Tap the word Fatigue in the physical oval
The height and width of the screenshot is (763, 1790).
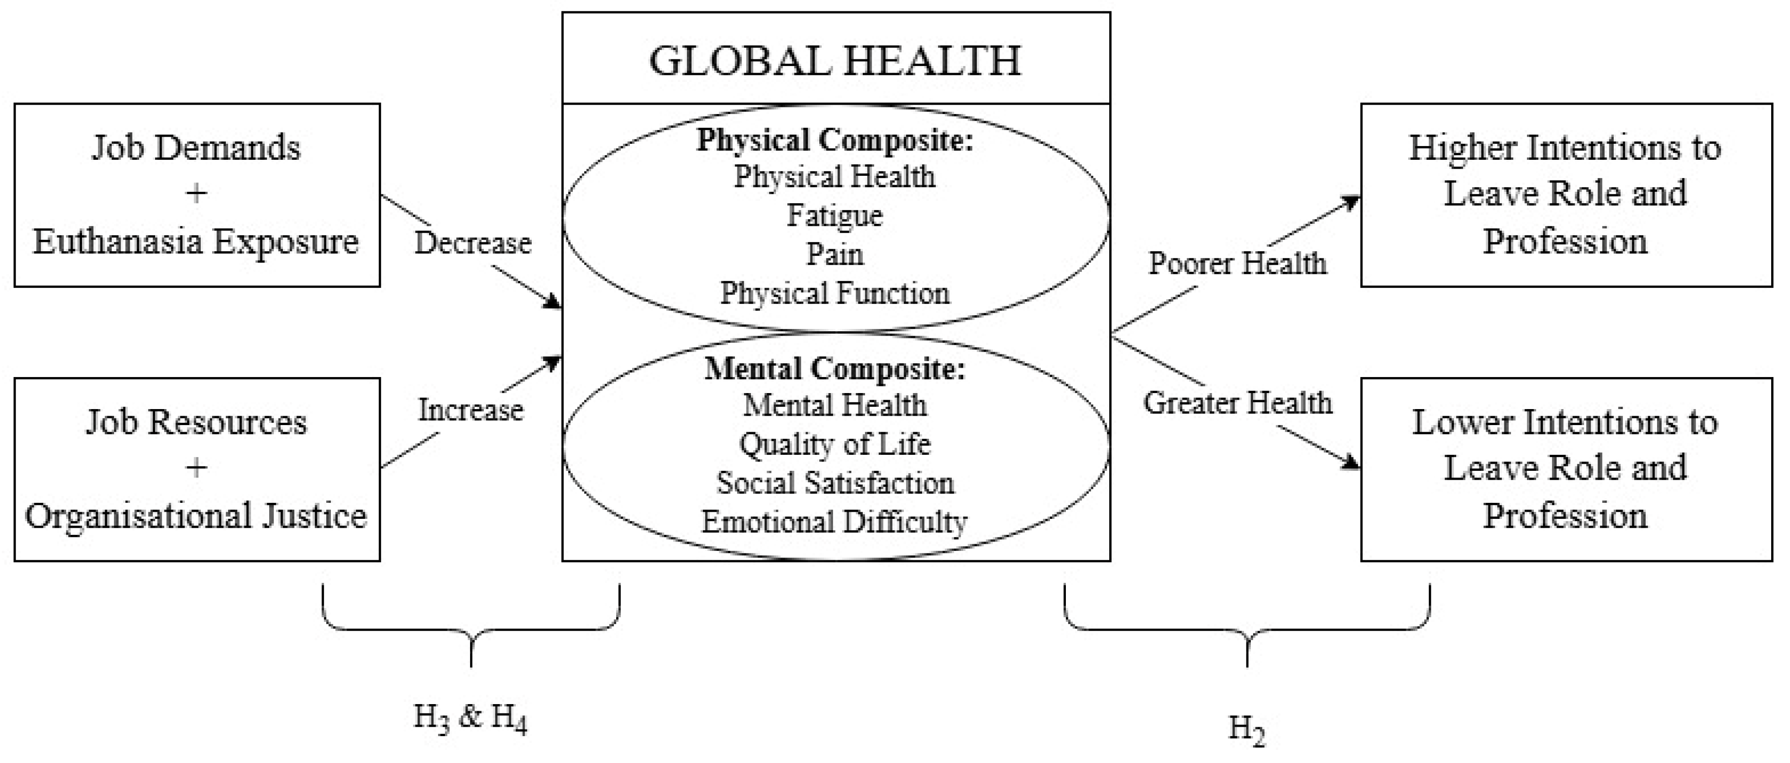(834, 215)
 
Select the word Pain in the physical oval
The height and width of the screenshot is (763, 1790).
(834, 254)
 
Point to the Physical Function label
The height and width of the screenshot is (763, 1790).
(834, 293)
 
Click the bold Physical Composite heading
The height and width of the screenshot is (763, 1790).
(835, 140)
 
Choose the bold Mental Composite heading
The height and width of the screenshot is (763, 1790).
(835, 369)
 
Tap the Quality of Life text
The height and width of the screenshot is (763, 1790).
(834, 444)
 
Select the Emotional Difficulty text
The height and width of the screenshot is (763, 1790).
(834, 522)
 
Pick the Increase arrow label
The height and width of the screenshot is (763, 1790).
(470, 410)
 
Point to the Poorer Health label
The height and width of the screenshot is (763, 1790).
(1237, 263)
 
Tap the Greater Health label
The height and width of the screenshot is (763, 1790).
(1237, 403)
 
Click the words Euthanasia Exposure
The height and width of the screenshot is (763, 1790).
(196, 242)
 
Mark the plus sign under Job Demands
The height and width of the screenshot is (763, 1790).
(197, 193)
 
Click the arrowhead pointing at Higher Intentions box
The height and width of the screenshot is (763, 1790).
(1352, 202)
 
